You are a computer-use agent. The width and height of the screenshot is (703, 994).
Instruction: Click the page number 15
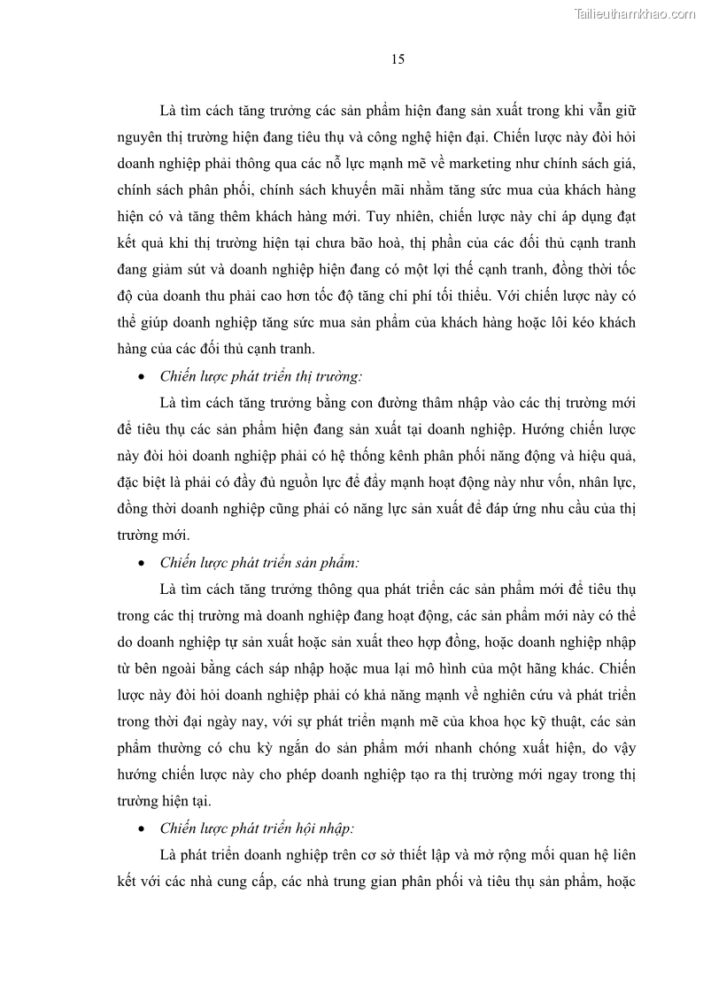(x=398, y=59)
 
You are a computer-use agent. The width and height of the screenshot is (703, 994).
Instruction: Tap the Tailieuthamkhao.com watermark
(x=634, y=13)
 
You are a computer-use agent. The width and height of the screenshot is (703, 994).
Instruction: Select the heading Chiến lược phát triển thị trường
(x=260, y=375)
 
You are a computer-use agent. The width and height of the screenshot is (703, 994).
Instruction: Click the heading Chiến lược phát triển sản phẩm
(x=259, y=562)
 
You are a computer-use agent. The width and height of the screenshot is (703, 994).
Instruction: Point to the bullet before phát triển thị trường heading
(x=142, y=376)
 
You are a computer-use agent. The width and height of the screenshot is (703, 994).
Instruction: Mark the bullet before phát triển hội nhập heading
(x=142, y=829)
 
